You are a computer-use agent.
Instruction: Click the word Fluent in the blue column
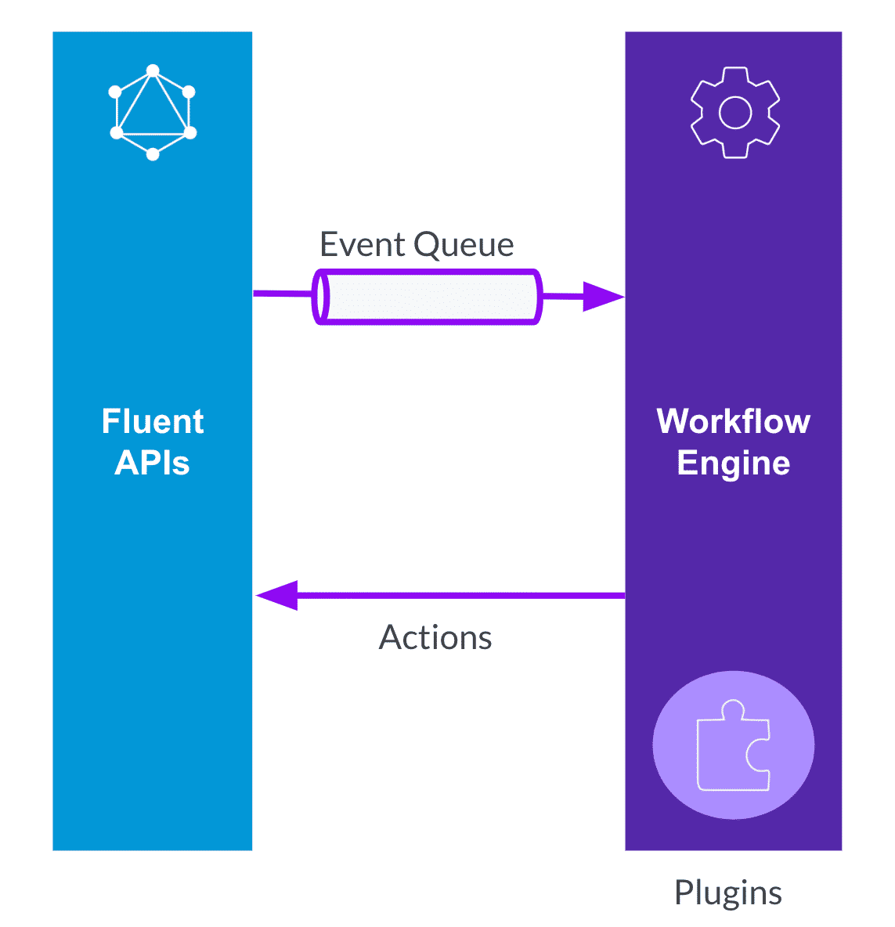coord(153,422)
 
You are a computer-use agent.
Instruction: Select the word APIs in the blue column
coord(152,463)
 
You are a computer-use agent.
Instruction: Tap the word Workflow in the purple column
coord(733,421)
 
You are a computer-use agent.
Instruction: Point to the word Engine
coord(733,463)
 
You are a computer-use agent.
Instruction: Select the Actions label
coord(435,637)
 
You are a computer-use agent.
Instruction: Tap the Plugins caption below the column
coord(727,893)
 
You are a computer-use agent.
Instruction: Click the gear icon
coord(734,113)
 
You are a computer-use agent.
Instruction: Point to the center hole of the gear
coord(734,113)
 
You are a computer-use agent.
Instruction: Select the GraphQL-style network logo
coord(153,113)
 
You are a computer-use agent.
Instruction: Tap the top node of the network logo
coord(153,71)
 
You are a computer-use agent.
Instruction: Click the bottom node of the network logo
coord(153,154)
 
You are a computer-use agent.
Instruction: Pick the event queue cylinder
coord(428,297)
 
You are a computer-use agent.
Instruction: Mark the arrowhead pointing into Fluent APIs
coord(276,596)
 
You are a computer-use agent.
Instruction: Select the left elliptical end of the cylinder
coord(320,297)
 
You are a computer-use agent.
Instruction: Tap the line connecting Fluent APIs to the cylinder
coord(282,294)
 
